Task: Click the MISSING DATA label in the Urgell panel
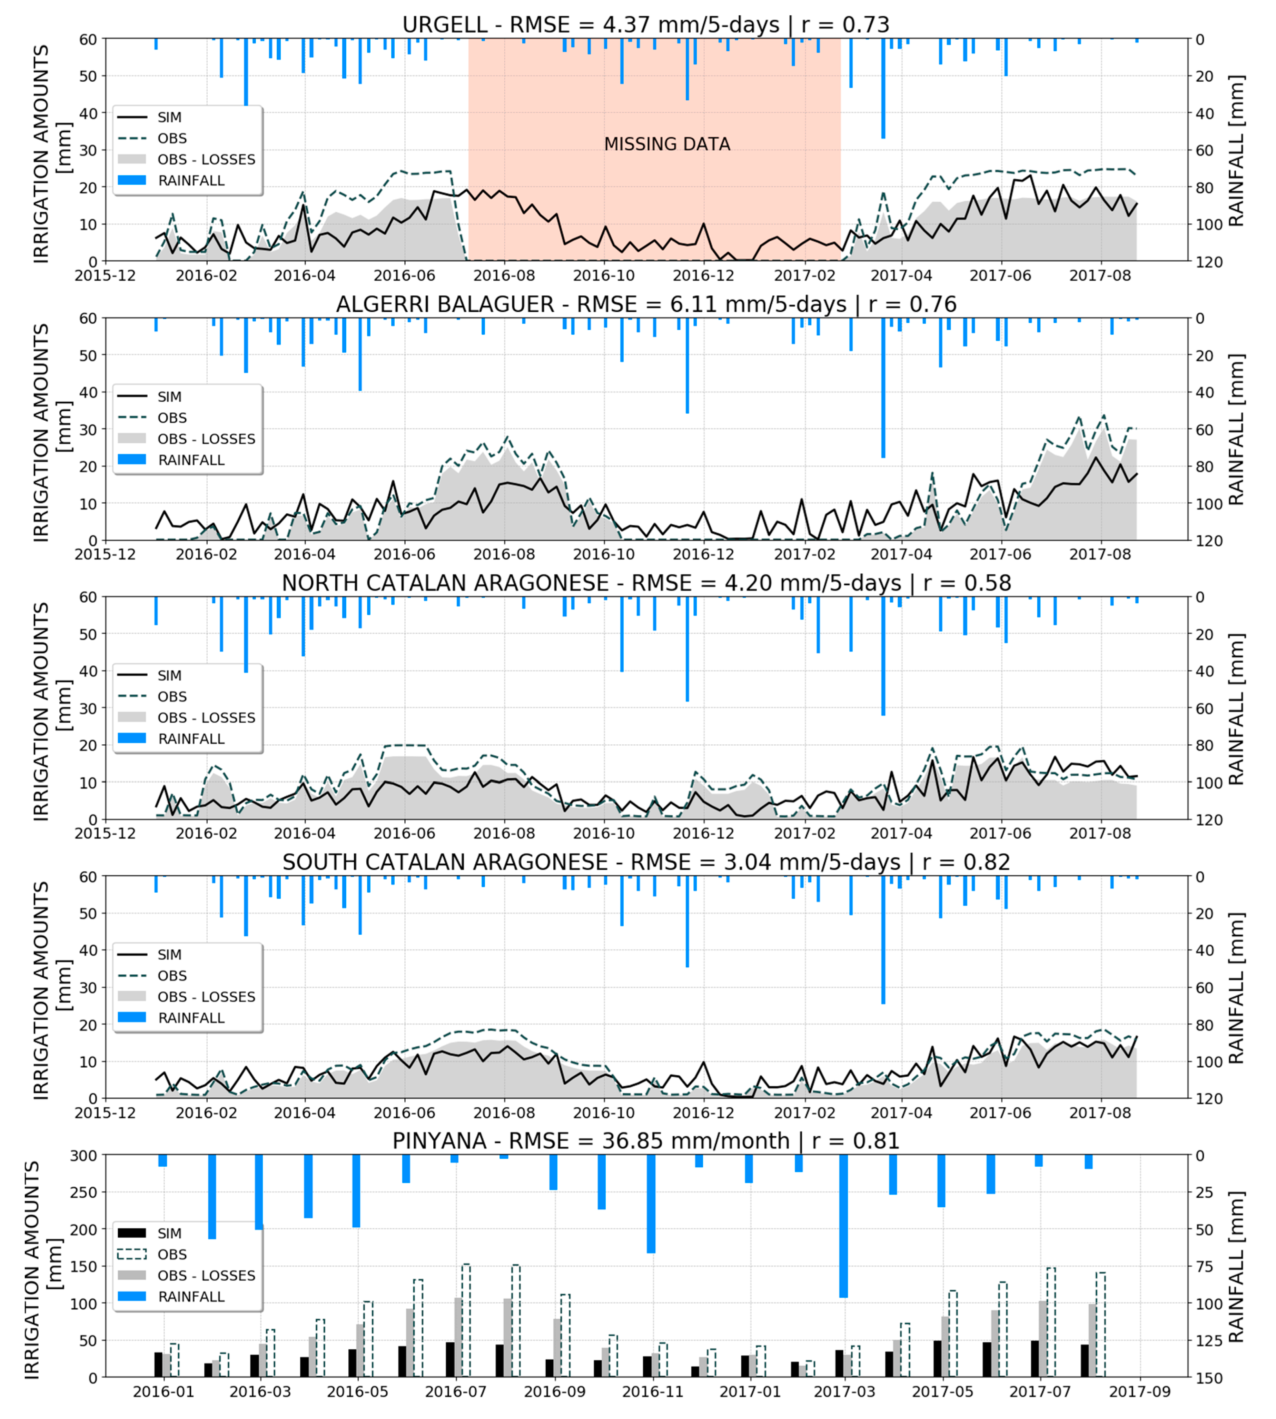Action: tap(667, 144)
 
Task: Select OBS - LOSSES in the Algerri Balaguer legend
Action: tap(206, 439)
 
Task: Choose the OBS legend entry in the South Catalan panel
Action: tap(172, 975)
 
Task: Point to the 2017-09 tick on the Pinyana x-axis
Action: tap(1139, 1392)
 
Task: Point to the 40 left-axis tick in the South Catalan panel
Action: tap(88, 950)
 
